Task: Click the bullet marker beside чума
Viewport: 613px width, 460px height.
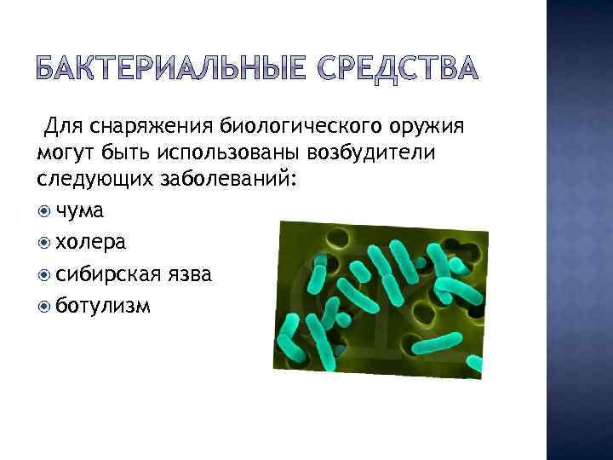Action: pos(44,211)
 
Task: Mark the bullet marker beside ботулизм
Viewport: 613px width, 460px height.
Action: pos(44,306)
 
